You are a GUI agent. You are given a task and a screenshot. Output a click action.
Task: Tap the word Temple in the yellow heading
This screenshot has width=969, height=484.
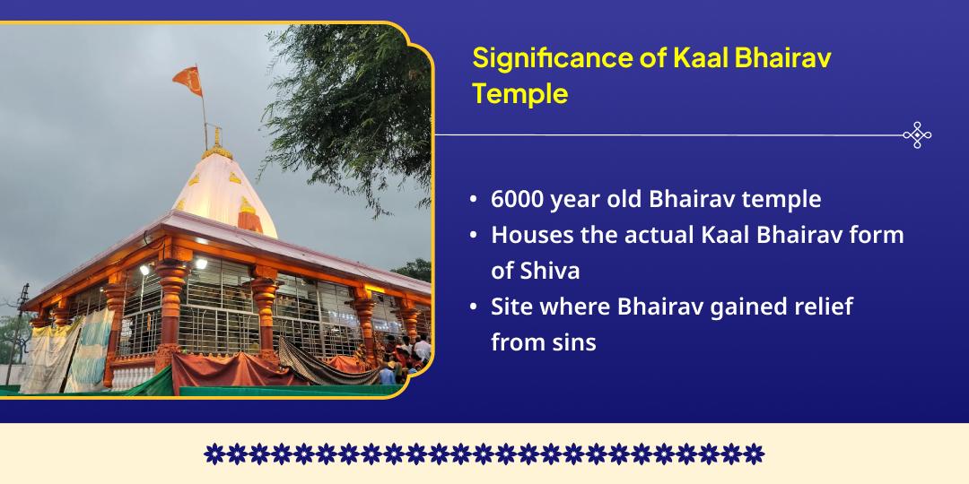pos(520,94)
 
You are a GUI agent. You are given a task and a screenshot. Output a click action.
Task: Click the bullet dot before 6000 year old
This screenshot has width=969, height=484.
pos(473,200)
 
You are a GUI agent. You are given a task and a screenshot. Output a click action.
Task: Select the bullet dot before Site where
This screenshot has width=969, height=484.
pos(473,307)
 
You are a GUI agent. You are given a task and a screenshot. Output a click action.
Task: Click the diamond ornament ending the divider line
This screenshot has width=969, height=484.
pos(916,135)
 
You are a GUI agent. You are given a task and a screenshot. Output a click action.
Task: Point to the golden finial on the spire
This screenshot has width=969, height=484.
pos(215,137)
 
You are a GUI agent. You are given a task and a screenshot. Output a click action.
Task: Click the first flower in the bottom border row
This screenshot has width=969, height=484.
pos(214,454)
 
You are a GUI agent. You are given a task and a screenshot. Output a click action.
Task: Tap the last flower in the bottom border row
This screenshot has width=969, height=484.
pos(755,454)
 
